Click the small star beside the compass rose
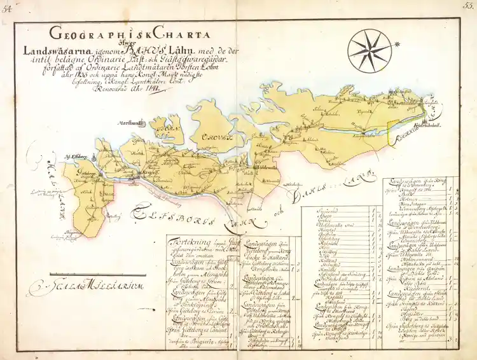tap(396, 44)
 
